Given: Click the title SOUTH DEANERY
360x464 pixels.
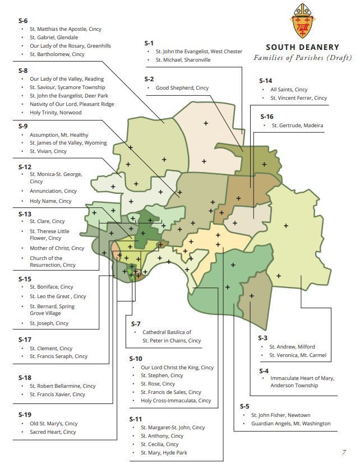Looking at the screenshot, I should point(302,48).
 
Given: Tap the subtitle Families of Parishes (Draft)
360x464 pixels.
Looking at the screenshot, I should point(302,57).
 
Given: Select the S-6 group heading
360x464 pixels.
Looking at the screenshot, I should point(23,20).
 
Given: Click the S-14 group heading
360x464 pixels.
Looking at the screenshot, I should point(266,81).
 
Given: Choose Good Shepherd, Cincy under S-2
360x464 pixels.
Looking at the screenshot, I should point(182,88).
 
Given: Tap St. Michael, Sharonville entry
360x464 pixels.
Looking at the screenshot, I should point(183,60).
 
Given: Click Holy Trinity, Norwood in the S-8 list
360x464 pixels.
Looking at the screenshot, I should point(56,113).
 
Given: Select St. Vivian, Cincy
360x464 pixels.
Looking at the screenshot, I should point(48,151).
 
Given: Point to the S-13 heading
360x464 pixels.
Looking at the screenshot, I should point(25,214).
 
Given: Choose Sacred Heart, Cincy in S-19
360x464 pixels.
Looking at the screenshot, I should point(53,432).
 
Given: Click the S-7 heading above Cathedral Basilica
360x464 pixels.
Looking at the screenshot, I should point(136,324).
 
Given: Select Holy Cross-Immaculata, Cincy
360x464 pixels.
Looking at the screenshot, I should point(176,401).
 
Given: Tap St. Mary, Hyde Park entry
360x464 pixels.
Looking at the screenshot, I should point(164,452).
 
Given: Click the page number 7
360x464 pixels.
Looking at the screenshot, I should point(344,452).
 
